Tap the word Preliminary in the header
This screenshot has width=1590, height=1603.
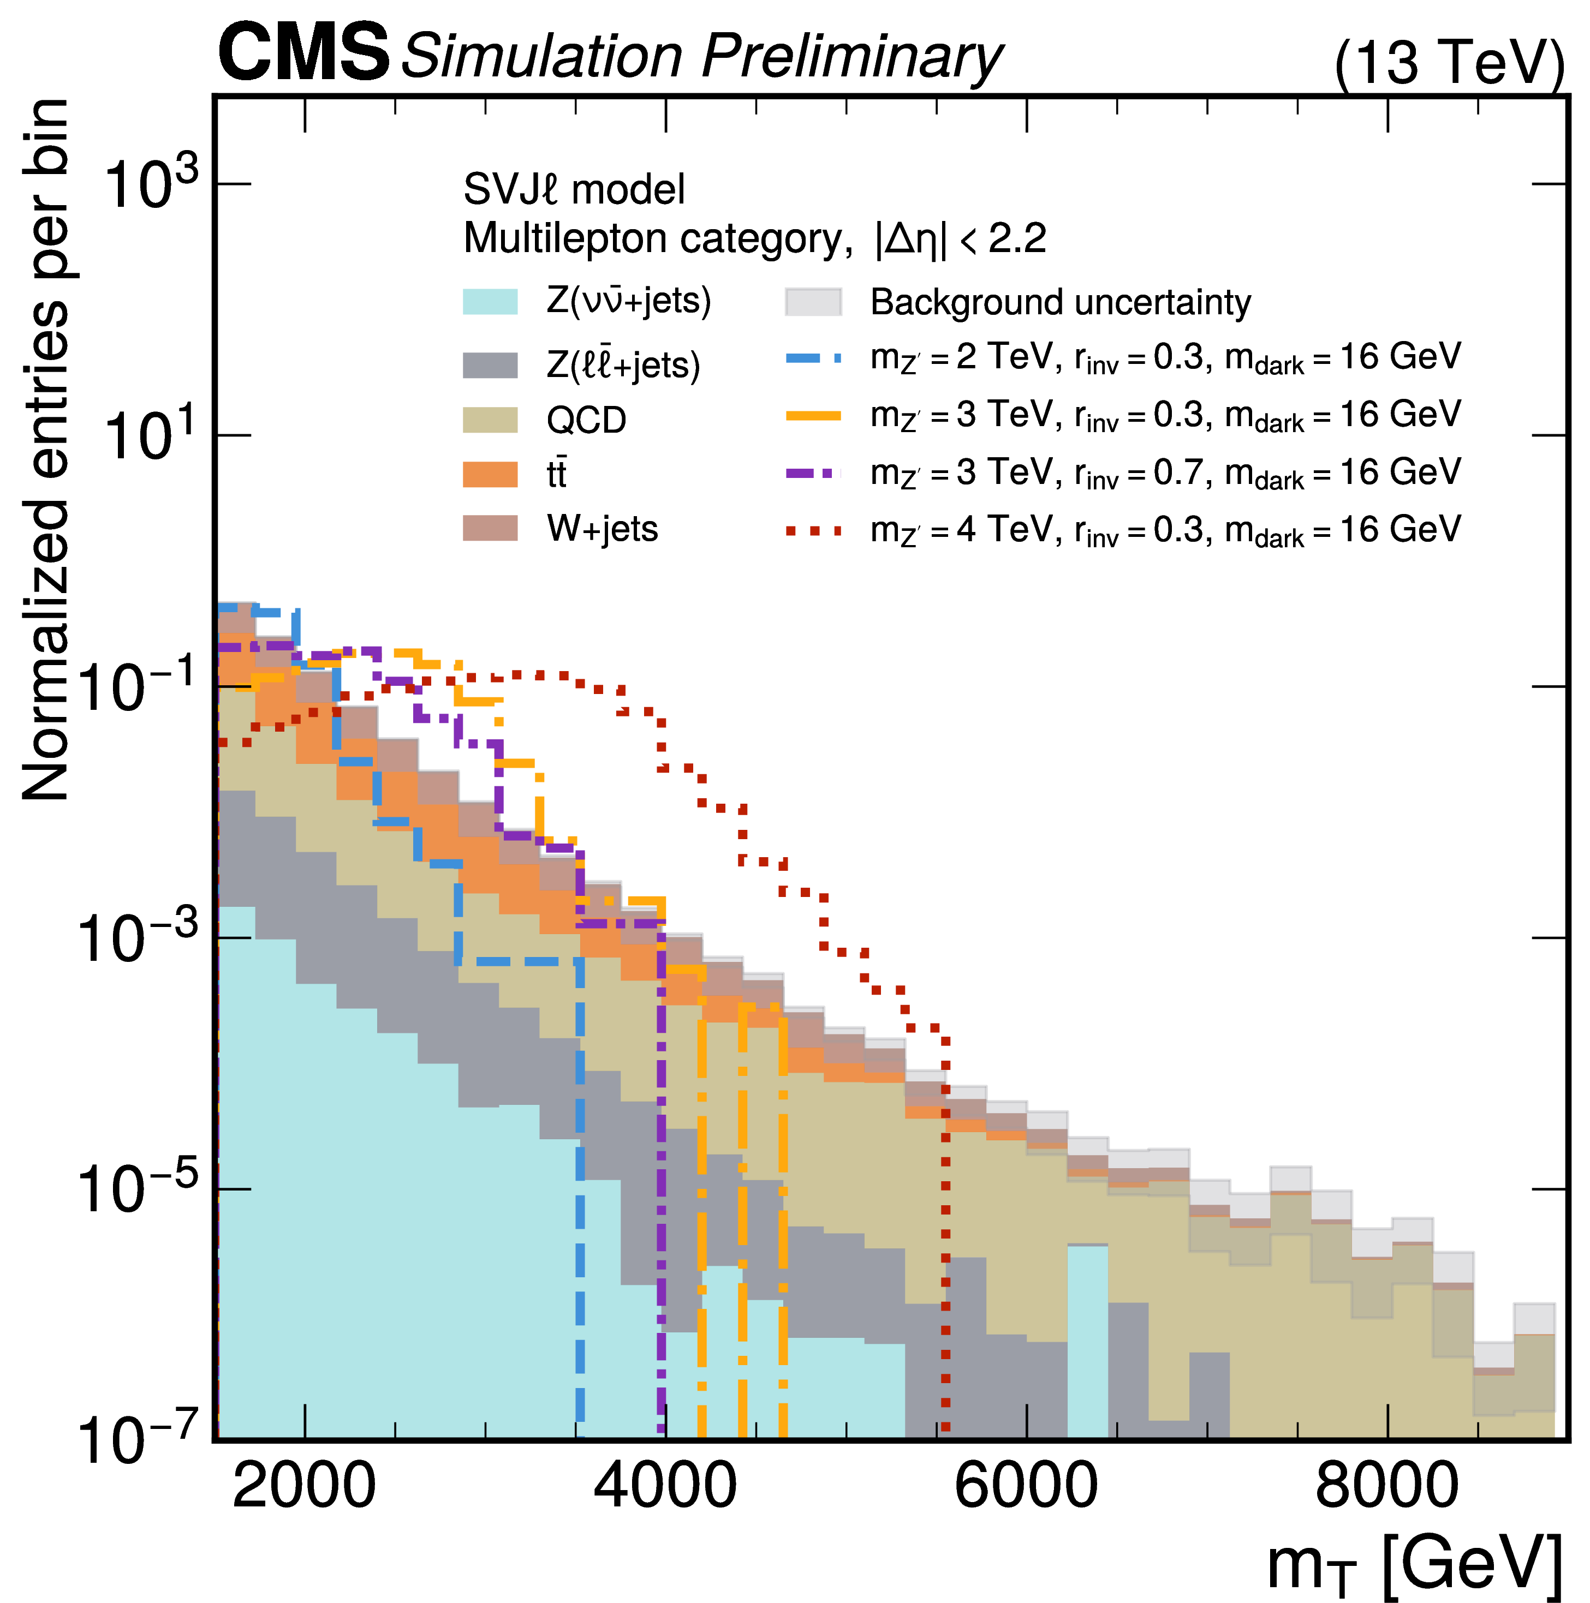tap(852, 56)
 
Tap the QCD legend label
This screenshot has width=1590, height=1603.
tap(586, 420)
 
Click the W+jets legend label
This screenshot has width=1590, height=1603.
tap(602, 529)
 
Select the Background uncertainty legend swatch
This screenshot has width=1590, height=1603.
tap(813, 302)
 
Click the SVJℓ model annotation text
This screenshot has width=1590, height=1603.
tap(574, 189)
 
